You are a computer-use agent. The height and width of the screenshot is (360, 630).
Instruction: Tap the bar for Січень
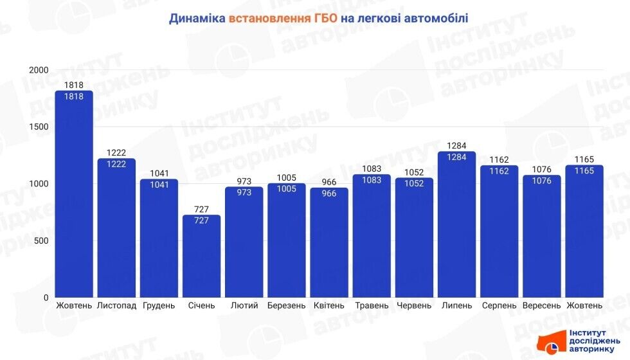point(201,257)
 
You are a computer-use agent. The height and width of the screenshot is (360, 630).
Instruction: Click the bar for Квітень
point(329,244)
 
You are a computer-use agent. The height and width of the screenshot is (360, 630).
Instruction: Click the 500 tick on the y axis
point(41,241)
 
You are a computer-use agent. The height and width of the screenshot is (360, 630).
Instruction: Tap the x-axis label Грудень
point(159,305)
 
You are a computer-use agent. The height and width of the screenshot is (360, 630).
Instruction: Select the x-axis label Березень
point(286,305)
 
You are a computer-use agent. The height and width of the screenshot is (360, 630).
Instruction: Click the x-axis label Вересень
point(541,305)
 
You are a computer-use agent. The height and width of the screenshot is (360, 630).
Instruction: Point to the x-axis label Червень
point(414,305)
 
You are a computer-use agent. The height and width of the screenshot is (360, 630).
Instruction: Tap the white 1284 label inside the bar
point(456,157)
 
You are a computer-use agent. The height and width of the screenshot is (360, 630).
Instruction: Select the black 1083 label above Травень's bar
point(372,169)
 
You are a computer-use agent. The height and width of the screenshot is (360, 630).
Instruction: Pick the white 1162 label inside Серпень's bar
point(499,171)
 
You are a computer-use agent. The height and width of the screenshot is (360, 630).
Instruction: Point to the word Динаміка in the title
point(197,19)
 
